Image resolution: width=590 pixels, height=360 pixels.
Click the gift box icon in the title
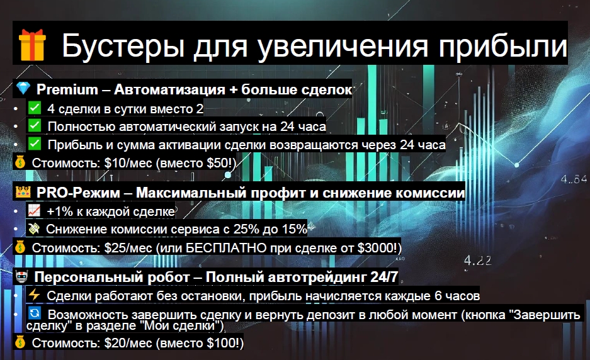pyautogui.click(x=32, y=45)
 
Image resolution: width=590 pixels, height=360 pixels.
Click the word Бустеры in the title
pyautogui.click(x=123, y=46)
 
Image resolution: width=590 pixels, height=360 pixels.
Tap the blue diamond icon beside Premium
pyautogui.click(x=23, y=88)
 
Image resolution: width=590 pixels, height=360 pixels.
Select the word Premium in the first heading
pyautogui.click(x=67, y=89)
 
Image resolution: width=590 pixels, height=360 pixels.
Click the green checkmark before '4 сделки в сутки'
pyautogui.click(x=35, y=108)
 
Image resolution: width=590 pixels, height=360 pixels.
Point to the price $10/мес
pyautogui.click(x=128, y=163)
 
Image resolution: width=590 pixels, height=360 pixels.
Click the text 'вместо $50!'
pyautogui.click(x=196, y=163)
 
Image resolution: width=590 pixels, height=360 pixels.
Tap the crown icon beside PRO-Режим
pyautogui.click(x=23, y=192)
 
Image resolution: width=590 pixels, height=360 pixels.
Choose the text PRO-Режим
pyautogui.click(x=78, y=193)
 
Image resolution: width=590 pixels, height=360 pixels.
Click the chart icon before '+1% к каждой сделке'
pyautogui.click(x=34, y=210)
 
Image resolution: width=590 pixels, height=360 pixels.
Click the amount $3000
pyautogui.click(x=375, y=248)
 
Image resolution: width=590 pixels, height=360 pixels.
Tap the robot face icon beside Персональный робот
pyautogui.click(x=22, y=277)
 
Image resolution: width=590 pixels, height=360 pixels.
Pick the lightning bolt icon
pyautogui.click(x=34, y=295)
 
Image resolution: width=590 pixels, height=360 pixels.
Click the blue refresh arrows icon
pyautogui.click(x=35, y=313)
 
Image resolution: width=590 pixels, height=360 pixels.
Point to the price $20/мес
pyautogui.click(x=128, y=343)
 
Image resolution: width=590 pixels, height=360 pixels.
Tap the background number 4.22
pyautogui.click(x=477, y=261)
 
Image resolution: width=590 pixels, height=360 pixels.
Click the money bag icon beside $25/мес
pyautogui.click(x=20, y=247)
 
